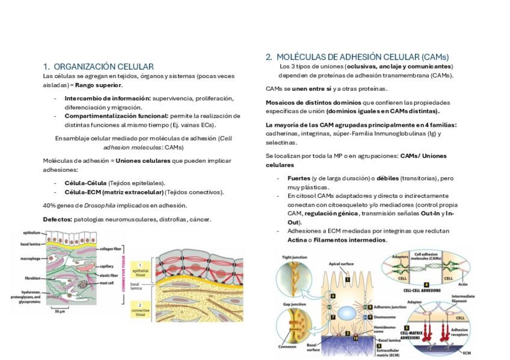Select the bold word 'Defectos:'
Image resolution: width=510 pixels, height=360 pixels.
pyautogui.click(x=58, y=219)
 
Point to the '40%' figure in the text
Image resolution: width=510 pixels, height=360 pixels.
pyautogui.click(x=49, y=206)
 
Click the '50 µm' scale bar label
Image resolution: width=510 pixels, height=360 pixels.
pyautogui.click(x=60, y=311)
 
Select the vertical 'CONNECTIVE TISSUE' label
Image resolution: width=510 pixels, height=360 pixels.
pyautogui.click(x=124, y=270)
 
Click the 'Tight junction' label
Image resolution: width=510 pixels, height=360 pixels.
pyautogui.click(x=295, y=257)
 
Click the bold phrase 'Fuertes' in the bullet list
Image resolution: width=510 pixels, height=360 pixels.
pyautogui.click(x=299, y=178)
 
